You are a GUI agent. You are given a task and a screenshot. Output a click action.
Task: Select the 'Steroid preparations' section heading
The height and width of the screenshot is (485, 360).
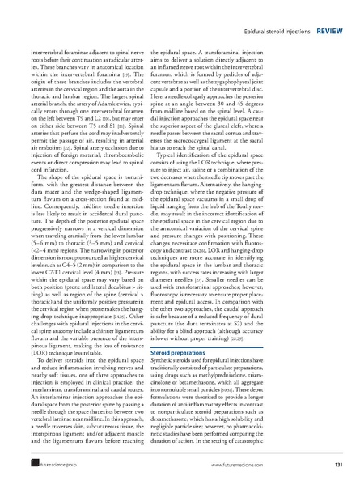tap(220, 353)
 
